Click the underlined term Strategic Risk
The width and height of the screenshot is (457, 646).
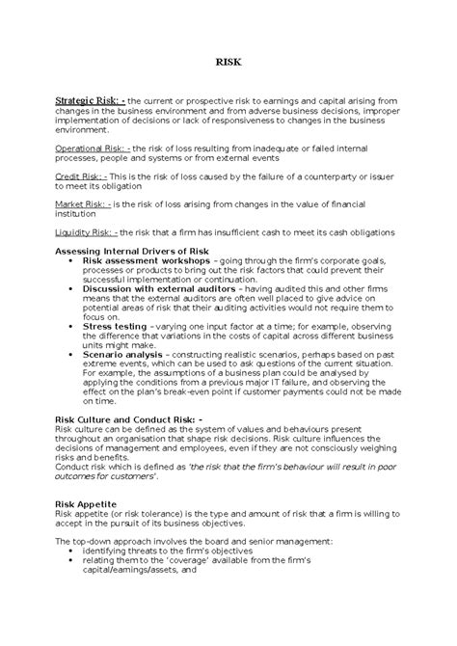(90, 100)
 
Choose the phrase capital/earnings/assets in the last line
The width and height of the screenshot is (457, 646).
(144, 570)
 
